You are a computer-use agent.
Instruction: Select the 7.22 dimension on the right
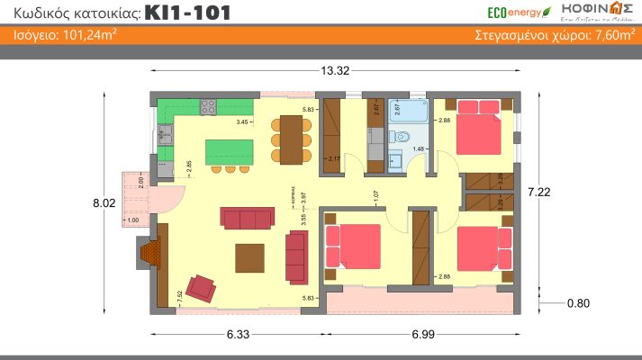[x=538, y=191]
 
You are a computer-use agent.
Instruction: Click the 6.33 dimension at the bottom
[x=238, y=334]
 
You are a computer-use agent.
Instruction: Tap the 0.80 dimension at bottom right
[x=578, y=303]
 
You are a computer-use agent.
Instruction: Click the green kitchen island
[x=230, y=151]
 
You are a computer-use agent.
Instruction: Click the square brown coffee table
[x=251, y=257]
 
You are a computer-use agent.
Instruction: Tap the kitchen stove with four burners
[x=208, y=106]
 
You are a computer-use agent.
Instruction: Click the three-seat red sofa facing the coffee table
[x=247, y=219]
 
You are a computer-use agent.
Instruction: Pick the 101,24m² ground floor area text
[x=68, y=36]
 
